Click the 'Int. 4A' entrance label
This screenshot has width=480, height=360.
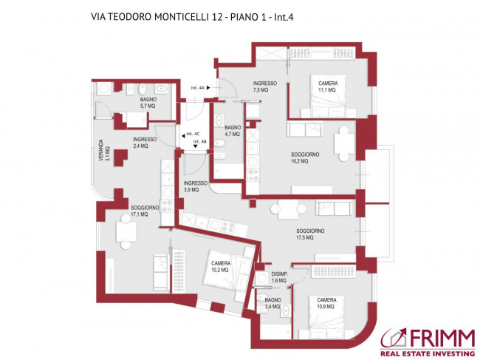(198, 87)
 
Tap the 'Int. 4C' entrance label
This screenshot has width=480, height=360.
(194, 134)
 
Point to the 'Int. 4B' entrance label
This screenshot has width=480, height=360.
(199, 141)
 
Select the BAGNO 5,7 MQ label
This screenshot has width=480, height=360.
(148, 103)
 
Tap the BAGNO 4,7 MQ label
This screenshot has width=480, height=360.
(233, 131)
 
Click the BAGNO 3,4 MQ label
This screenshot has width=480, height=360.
(272, 303)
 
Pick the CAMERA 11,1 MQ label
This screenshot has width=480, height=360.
(329, 86)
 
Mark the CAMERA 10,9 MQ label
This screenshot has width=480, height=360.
(326, 303)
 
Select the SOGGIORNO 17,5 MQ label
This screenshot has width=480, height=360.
(311, 234)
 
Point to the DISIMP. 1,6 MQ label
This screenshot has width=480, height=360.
(278, 278)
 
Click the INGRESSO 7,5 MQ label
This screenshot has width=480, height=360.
(264, 86)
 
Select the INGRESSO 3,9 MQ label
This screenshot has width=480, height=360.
(196, 186)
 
